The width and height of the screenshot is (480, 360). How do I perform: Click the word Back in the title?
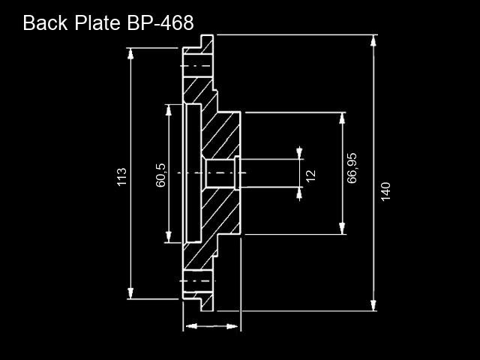click(x=45, y=22)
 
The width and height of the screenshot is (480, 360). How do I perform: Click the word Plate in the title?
click(x=97, y=22)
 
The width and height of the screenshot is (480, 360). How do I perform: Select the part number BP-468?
click(x=160, y=22)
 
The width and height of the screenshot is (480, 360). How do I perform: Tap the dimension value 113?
click(x=121, y=177)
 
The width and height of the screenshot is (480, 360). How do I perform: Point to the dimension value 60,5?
click(x=160, y=175)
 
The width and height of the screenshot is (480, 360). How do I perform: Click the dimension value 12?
click(x=310, y=176)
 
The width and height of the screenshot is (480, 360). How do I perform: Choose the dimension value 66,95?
click(x=352, y=168)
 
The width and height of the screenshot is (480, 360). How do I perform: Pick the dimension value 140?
click(x=385, y=192)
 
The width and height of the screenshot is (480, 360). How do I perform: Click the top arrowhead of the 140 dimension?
click(x=373, y=40)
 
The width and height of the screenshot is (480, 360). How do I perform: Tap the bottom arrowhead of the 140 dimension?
click(x=373, y=305)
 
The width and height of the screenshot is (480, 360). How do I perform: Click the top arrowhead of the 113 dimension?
click(x=130, y=53)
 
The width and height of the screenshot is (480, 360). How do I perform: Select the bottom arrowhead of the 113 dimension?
click(x=130, y=293)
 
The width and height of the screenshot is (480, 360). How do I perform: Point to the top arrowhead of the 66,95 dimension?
click(x=342, y=118)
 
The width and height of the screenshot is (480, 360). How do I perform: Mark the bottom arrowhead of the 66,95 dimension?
click(x=342, y=229)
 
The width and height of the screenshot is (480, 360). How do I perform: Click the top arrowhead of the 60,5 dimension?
click(x=168, y=110)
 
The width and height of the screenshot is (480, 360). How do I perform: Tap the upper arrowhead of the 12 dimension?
click(x=299, y=153)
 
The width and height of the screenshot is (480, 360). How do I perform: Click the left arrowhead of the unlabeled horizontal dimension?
click(x=191, y=326)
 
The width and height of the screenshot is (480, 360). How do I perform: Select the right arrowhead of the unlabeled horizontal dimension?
click(x=232, y=326)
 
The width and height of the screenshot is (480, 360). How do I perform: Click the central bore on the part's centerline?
click(x=220, y=173)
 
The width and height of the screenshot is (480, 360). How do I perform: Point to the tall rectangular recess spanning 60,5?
click(x=193, y=173)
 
